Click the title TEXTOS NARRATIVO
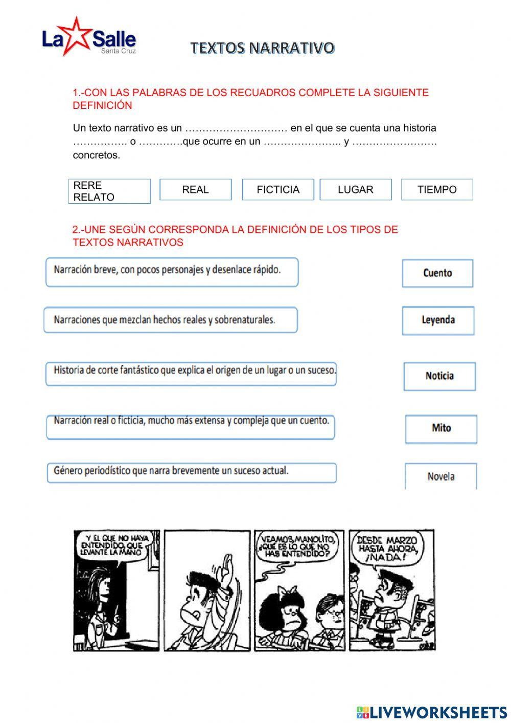pos(263,48)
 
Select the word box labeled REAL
pos(195,189)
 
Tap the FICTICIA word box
pos(278,189)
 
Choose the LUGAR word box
pos(356,189)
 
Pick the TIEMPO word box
pos(437,189)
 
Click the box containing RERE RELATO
pos(109,191)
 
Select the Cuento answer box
pos(437,273)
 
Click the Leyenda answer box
pos(438,320)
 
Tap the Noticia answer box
pos(439,376)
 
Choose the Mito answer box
pos(441,428)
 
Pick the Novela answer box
pos(440,476)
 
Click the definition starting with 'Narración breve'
pos(172,272)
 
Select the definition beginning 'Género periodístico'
pos(192,472)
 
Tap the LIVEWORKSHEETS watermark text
pos(438,712)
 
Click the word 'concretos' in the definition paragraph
pos(97,155)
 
